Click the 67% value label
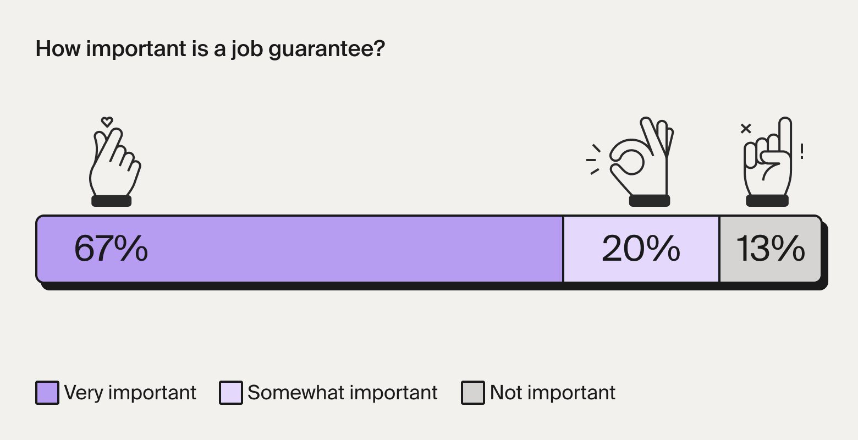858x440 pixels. point(111,249)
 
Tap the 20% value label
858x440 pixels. point(641,249)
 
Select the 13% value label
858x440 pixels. point(770,249)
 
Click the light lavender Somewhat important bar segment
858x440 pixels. point(641,249)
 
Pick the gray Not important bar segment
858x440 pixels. point(771,249)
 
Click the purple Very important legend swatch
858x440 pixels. point(47,393)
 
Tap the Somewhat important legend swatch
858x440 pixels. point(230,393)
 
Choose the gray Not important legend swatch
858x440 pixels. point(472,393)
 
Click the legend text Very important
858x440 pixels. point(130,393)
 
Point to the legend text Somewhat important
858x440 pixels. point(343,393)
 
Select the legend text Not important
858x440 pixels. point(553,393)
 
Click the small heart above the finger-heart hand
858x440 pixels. point(107,122)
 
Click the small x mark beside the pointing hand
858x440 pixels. point(746,128)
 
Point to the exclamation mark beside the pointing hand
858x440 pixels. point(802,152)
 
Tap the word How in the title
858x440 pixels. point(58,48)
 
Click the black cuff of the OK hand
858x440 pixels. point(650,201)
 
